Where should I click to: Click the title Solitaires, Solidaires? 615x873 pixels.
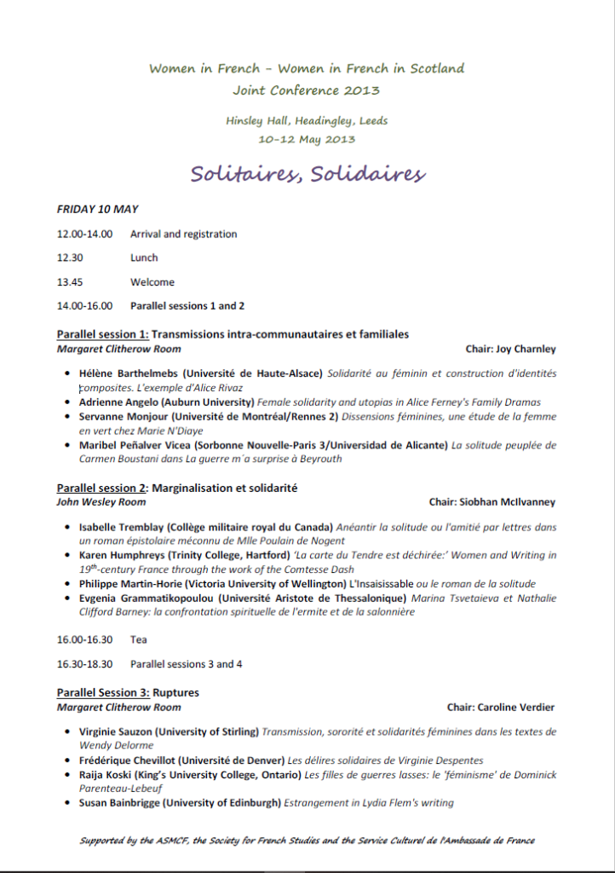click(307, 174)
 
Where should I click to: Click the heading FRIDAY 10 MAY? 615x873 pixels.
click(97, 209)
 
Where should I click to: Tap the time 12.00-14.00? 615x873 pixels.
click(84, 234)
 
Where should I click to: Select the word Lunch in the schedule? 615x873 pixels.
click(144, 258)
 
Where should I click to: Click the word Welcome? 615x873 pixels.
click(152, 282)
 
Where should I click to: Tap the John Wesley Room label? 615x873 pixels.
click(95, 503)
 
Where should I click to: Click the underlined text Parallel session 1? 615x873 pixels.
click(103, 334)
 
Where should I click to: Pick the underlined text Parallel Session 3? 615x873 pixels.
click(103, 693)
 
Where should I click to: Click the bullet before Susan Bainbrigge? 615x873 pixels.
click(67, 803)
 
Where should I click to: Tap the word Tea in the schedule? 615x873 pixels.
click(138, 639)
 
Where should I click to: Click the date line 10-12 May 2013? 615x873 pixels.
click(307, 139)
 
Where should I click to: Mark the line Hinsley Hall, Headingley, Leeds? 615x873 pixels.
click(307, 121)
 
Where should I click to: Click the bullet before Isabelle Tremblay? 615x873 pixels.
click(67, 528)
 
